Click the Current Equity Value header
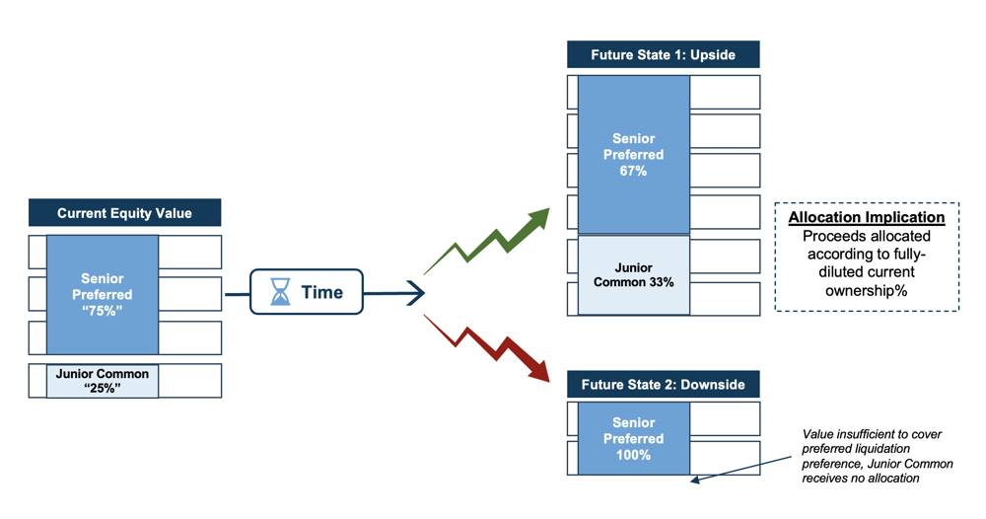pos(124,213)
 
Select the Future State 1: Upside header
pos(663,54)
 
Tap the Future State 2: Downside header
pos(663,385)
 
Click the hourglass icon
pos(280,292)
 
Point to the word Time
pos(322,292)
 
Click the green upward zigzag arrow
pos(487,242)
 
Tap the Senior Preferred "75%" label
pos(102,294)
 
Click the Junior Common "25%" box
pos(103,381)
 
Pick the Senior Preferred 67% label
pos(633,155)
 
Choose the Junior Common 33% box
pos(634,275)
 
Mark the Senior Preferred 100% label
pos(633,438)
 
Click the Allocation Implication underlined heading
pos(867,218)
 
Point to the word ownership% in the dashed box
pos(867,291)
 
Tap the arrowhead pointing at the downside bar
pos(696,480)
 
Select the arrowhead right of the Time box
pos(416,292)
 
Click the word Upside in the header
pos(713,55)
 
